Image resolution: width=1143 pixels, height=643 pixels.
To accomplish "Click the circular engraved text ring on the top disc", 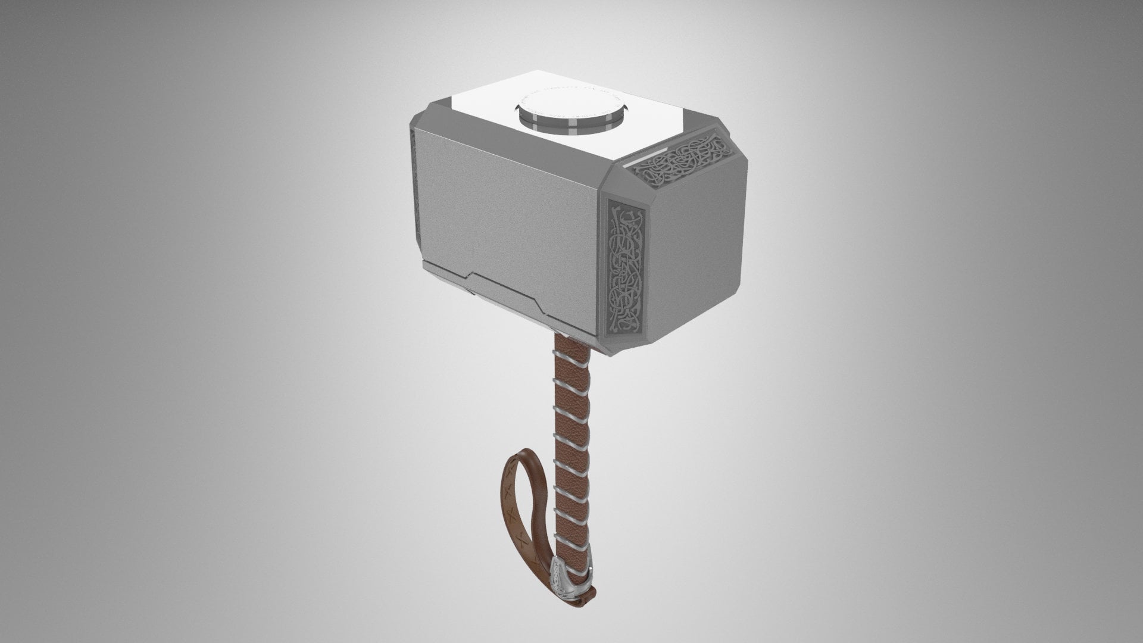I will click(x=589, y=100).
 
